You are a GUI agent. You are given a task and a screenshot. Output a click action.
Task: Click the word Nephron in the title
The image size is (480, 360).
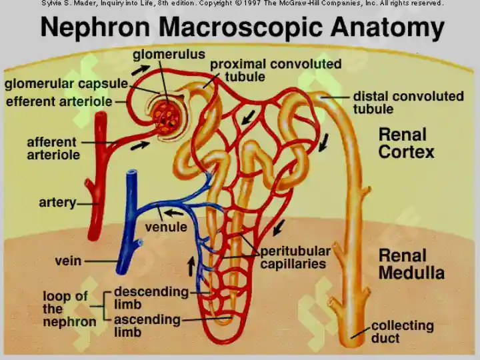95,27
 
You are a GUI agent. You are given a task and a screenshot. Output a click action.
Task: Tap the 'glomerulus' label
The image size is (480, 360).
169,54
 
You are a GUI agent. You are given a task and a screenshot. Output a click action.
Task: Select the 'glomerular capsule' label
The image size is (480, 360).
66,83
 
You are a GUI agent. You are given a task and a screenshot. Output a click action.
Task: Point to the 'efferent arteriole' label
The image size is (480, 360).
59,101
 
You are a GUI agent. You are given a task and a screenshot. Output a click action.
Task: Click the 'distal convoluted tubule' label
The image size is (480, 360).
409,102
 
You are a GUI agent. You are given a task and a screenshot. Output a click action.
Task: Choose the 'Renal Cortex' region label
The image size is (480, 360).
406,143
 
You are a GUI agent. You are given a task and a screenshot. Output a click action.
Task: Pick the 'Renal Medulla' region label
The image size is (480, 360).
411,264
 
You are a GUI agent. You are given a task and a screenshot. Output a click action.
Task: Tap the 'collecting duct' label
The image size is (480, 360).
402,331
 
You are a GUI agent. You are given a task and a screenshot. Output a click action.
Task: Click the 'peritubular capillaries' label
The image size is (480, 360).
295,257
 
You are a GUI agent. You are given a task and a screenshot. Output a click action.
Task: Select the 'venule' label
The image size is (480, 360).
166,227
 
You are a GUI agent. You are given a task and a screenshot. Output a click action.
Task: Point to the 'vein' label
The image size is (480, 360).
68,261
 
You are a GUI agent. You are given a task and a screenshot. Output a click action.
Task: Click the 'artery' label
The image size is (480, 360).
57,203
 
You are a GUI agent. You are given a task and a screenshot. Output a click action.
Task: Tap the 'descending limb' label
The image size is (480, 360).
151,297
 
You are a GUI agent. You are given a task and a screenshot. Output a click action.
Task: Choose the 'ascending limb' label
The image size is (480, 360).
147,325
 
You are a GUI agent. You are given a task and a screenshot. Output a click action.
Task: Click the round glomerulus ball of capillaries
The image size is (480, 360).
167,117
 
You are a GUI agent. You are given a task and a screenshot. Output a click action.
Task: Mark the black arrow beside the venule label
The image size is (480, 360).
173,213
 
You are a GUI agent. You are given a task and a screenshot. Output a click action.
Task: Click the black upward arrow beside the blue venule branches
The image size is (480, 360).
191,266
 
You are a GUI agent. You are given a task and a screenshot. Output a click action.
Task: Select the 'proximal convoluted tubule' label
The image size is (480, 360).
275,70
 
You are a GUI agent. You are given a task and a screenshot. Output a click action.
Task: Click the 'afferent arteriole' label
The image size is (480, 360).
53,149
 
